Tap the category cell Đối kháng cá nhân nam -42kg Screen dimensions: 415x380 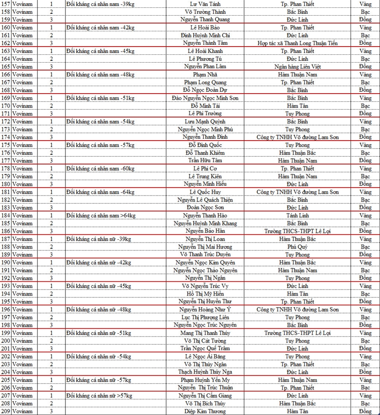tap(99, 28)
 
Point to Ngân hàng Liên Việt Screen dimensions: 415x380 tap(297, 67)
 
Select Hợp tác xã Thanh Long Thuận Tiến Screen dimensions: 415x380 tap(297, 43)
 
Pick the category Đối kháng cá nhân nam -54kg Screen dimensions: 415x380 tap(100, 122)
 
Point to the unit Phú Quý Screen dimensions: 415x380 tap(297, 247)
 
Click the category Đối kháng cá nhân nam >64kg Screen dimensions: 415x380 tap(101, 215)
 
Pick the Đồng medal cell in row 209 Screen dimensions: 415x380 tap(365, 411)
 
